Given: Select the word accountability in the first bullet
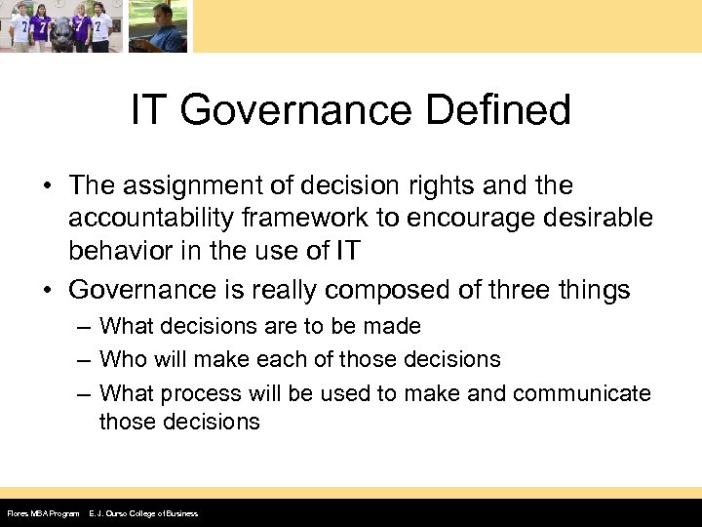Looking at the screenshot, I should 163,218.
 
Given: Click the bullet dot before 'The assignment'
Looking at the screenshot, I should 48,185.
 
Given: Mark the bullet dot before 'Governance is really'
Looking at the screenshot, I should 48,290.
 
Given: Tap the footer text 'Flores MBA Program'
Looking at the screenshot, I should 43,513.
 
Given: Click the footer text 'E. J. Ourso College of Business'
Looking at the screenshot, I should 143,513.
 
